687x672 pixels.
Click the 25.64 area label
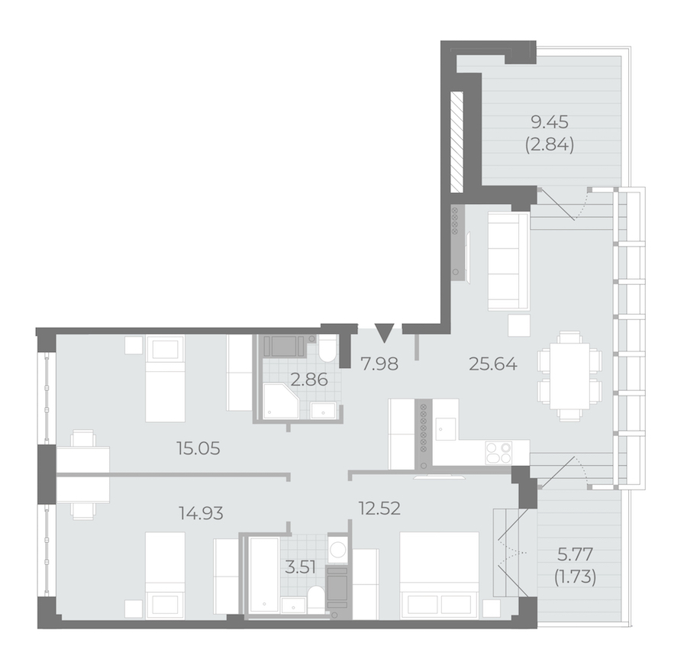point(493,363)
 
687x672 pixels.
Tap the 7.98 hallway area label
point(379,363)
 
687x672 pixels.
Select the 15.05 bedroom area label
point(198,448)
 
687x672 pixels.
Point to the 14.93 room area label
point(201,512)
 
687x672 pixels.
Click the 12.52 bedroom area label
point(379,509)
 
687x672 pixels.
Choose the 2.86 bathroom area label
point(309,380)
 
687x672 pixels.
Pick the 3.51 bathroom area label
point(300,567)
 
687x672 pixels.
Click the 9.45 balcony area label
point(550,122)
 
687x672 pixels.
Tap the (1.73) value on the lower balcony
point(576,577)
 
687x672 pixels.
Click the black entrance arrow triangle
point(385,331)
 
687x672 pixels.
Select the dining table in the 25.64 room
point(569,377)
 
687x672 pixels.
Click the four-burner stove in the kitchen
point(498,453)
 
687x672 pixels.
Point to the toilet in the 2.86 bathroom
point(327,350)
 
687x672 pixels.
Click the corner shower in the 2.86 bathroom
point(281,401)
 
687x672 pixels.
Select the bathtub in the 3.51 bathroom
point(263,574)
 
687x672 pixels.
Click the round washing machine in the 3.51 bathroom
point(337,548)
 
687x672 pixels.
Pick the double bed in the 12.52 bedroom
point(440,575)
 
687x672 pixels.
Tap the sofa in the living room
point(508,261)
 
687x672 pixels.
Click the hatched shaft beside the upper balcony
point(457,141)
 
